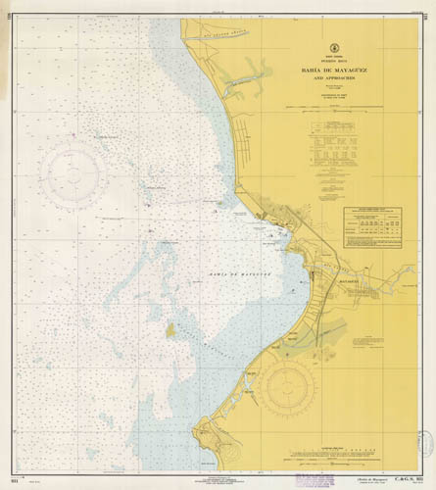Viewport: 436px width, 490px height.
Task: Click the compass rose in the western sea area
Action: click(73, 173)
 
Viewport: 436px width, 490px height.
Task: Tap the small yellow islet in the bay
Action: click(170, 330)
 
